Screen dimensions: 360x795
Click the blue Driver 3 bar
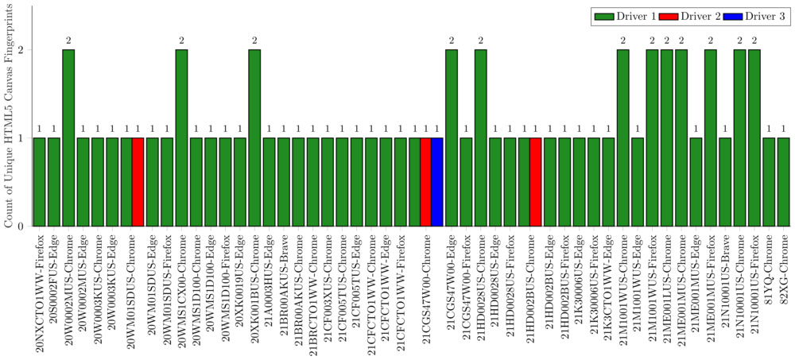pos(436,182)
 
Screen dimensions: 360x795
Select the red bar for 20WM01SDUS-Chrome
pos(138,182)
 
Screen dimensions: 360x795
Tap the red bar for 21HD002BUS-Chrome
pos(535,182)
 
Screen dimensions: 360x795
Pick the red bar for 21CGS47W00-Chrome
pos(425,182)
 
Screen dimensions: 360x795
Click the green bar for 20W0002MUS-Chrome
pos(68,137)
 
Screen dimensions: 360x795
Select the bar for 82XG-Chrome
pos(783,182)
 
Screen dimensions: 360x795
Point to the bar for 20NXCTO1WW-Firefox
pos(39,182)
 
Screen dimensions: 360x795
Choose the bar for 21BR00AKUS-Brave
pos(285,182)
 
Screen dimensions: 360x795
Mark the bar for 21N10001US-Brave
pos(724,182)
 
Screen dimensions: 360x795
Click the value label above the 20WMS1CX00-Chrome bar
pos(181,40)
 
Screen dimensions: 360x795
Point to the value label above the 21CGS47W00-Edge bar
pos(451,40)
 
